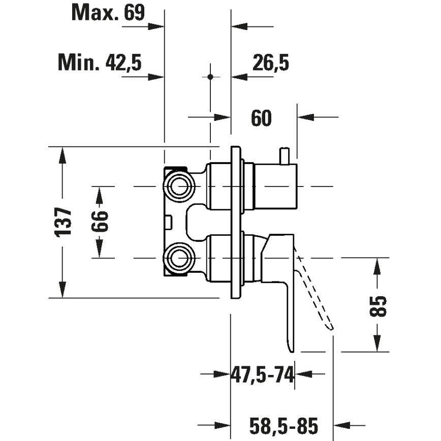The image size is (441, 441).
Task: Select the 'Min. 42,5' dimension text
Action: [100, 63]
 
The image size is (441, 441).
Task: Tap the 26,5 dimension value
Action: [270, 63]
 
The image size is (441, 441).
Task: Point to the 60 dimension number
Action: [261, 118]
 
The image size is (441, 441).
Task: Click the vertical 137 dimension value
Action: [64, 222]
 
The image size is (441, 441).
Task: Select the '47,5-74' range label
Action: [263, 375]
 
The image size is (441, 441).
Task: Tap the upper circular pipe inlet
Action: [178, 186]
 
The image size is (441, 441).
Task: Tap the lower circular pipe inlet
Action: [178, 258]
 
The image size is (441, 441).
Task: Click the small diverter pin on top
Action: [285, 155]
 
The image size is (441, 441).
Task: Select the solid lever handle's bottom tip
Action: [291, 348]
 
